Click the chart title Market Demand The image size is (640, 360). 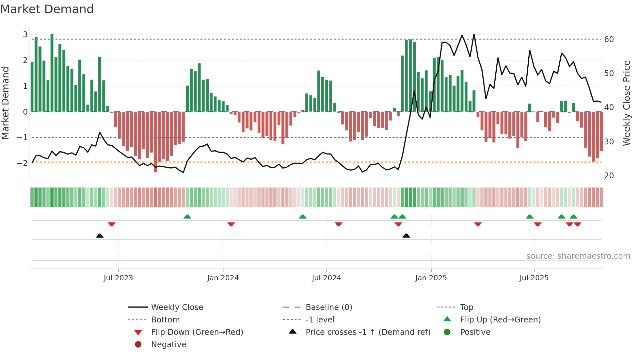47,9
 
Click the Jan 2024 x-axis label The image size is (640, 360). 223,278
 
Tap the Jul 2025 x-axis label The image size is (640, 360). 534,278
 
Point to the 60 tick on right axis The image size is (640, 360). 609,40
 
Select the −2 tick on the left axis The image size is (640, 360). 22,163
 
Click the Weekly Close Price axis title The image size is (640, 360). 626,103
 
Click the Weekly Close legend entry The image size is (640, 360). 177,307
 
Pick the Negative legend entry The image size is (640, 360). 168,345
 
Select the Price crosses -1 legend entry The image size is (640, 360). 368,332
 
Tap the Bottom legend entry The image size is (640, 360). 165,320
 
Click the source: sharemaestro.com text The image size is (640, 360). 578,256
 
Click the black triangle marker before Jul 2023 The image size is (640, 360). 100,236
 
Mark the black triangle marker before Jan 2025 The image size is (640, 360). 406,236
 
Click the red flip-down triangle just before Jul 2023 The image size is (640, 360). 112,224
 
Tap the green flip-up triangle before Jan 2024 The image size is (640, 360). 187,217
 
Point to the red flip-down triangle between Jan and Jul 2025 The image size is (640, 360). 478,224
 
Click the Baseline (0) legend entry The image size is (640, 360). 328,307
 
